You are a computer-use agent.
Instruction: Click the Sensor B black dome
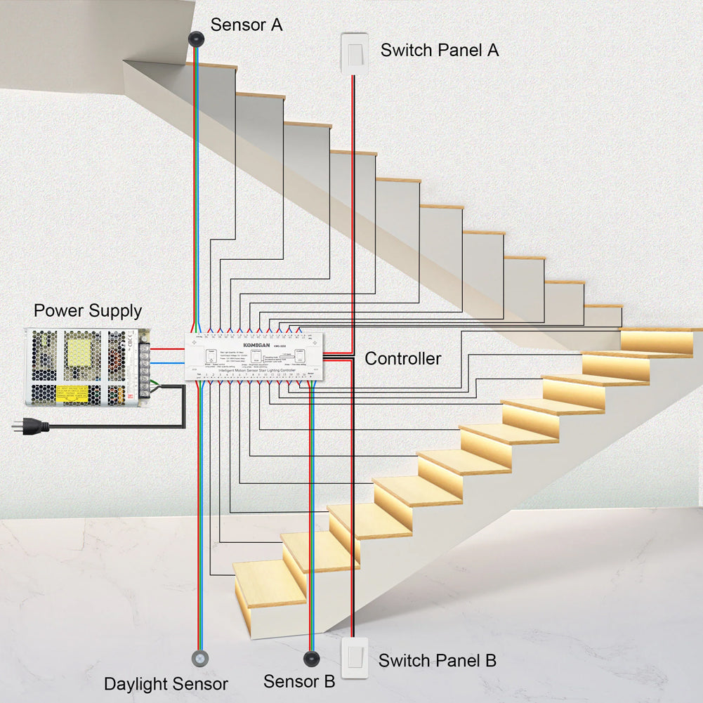pyautogui.click(x=310, y=659)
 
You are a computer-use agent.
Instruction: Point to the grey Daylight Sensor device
pyautogui.click(x=200, y=659)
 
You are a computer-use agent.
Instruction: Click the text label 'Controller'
pyautogui.click(x=402, y=359)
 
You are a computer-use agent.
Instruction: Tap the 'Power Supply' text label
pyautogui.click(x=88, y=310)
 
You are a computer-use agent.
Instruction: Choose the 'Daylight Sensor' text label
pyautogui.click(x=166, y=684)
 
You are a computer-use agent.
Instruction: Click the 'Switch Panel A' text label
pyautogui.click(x=440, y=51)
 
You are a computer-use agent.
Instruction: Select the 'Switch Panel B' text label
pyautogui.click(x=437, y=661)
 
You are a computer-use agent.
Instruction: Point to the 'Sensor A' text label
pyautogui.click(x=247, y=25)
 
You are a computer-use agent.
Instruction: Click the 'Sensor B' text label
pyautogui.click(x=299, y=681)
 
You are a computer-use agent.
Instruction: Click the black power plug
pyautogui.click(x=32, y=425)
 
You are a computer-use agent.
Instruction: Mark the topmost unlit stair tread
pyautogui.click(x=211, y=65)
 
